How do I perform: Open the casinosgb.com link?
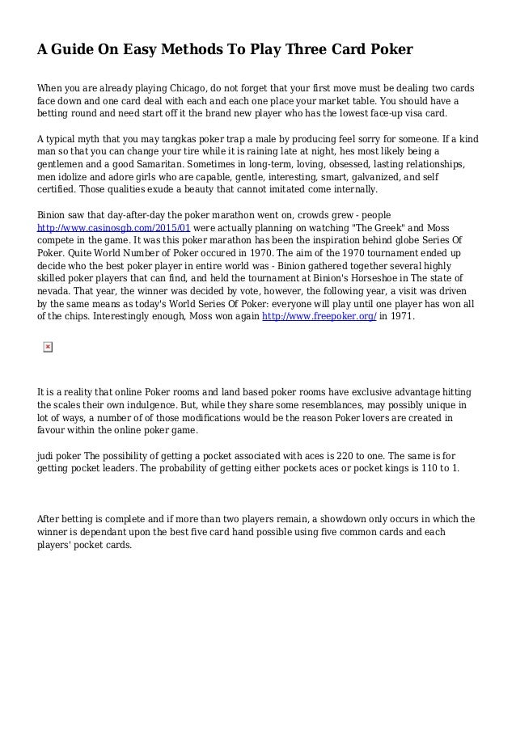pos(114,228)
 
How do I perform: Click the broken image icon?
pos(47,347)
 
